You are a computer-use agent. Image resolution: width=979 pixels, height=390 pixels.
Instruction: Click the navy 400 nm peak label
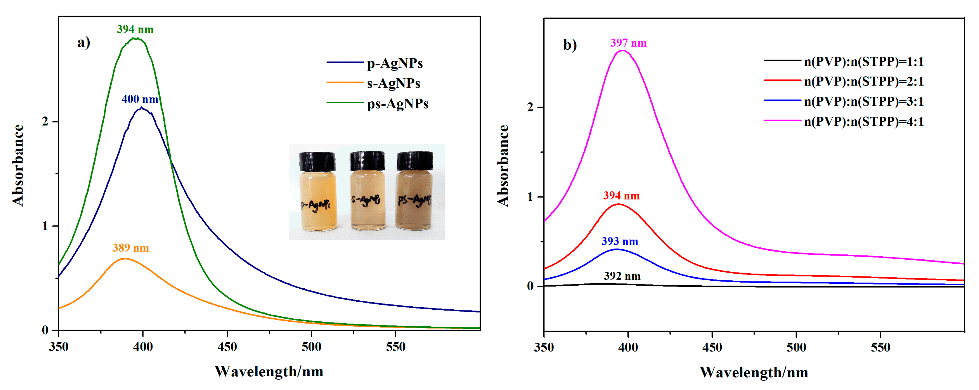pos(139,99)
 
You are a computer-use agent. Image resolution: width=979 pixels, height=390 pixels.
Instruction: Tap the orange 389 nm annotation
pos(130,248)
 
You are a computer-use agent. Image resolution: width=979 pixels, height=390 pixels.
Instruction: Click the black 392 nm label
pos(622,276)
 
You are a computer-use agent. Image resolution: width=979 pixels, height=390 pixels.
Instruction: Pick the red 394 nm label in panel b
pos(621,196)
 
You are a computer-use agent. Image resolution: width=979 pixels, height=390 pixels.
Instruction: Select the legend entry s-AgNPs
pos(393,83)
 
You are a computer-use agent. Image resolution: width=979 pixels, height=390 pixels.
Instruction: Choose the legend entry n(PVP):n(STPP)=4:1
pos(864,122)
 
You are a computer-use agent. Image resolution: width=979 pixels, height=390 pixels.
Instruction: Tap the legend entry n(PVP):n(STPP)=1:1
pos(864,61)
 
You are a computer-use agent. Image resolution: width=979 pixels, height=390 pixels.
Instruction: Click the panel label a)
pos(84,42)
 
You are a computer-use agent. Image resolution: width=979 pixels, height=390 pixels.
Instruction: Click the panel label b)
pos(569,45)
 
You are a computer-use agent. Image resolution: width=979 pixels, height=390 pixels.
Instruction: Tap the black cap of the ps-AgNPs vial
pos(415,161)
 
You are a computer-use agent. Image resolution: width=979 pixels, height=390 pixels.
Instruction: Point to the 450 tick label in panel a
pos(227,347)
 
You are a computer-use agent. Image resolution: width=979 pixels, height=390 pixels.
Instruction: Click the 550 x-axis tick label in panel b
pos(880,347)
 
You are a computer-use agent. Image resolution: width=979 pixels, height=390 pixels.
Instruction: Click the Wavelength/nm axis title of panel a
pos(269,371)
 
